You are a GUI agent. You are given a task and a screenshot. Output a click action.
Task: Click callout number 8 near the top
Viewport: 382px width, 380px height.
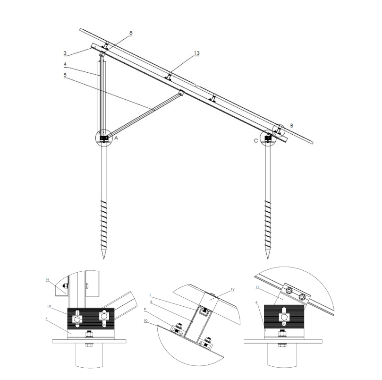click(131, 33)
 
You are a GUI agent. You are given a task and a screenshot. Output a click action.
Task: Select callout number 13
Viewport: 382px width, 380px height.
click(196, 53)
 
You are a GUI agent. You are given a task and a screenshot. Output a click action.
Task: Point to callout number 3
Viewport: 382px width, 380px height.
click(65, 53)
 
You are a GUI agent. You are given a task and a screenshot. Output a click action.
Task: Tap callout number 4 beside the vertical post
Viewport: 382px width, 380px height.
click(65, 64)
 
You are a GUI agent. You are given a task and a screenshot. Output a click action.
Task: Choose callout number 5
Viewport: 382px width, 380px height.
click(65, 75)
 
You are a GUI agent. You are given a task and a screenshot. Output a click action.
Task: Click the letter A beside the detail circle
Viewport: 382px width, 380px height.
click(116, 138)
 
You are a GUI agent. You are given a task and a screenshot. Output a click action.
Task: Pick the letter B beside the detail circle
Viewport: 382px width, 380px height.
click(292, 126)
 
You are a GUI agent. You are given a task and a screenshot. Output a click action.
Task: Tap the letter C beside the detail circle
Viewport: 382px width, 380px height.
click(256, 141)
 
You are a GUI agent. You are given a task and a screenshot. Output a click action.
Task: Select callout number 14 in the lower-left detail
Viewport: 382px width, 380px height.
click(47, 279)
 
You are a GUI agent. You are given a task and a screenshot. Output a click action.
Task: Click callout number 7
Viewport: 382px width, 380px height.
click(46, 319)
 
